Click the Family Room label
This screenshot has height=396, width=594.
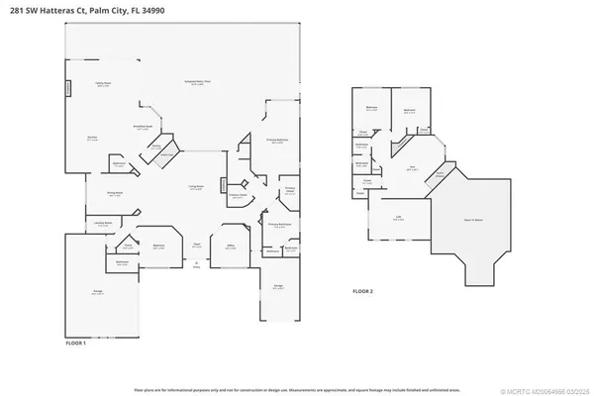click(x=102, y=85)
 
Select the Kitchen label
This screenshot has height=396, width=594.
click(x=92, y=139)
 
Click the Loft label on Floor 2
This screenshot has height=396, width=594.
click(x=397, y=221)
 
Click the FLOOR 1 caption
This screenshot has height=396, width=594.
click(x=76, y=343)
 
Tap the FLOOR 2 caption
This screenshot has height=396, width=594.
click(x=363, y=292)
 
